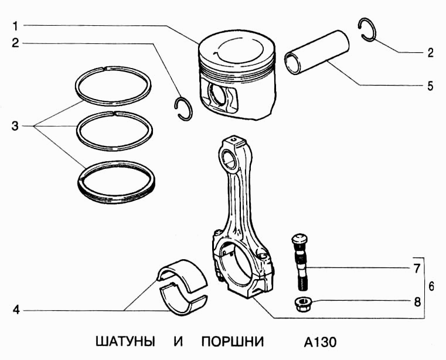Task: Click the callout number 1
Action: click(16, 25)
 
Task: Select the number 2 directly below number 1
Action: click(16, 43)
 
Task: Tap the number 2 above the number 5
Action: click(430, 53)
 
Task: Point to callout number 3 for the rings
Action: click(16, 126)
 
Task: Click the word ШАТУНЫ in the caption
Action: click(125, 342)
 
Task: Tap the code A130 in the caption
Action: click(321, 342)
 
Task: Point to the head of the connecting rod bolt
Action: click(298, 239)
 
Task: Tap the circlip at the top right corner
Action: click(367, 30)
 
